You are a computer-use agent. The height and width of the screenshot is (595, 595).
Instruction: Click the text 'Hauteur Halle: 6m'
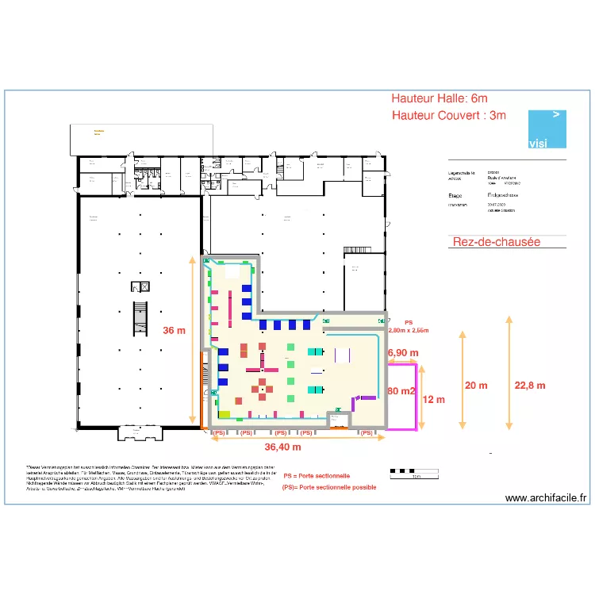(x=439, y=98)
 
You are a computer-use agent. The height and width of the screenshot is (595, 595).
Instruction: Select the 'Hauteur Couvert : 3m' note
(x=448, y=116)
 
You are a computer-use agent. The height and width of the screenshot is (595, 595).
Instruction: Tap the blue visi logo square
(x=548, y=129)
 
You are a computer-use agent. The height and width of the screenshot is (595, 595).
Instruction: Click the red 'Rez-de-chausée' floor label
(x=496, y=241)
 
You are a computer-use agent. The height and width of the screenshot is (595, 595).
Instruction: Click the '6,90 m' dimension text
(x=402, y=351)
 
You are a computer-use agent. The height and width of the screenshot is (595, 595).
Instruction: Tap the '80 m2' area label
(x=402, y=391)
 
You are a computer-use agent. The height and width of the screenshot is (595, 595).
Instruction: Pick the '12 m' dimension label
(x=434, y=399)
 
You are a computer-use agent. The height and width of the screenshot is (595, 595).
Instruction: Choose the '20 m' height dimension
(x=476, y=385)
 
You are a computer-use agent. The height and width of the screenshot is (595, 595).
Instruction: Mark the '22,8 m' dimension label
(x=529, y=385)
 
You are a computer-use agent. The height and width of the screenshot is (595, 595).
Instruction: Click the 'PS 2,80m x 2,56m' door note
(x=409, y=326)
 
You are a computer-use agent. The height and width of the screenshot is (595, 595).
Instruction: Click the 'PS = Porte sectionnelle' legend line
(x=317, y=476)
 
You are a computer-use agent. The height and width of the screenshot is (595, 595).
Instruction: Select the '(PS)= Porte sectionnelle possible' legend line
(x=329, y=487)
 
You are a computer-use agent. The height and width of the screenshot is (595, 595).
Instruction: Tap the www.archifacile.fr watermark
(x=546, y=498)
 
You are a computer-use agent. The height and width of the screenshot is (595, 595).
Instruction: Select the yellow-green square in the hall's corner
(x=225, y=414)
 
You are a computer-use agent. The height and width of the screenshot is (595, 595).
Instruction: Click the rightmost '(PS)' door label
(x=366, y=433)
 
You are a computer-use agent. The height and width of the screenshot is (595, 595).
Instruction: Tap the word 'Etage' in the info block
(x=455, y=194)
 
